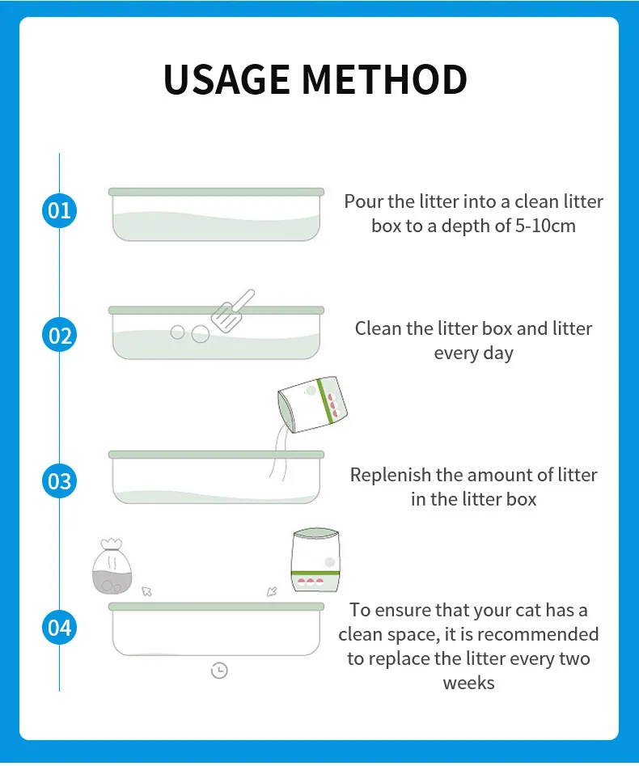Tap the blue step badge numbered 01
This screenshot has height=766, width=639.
[60, 211]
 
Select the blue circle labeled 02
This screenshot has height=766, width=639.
[60, 335]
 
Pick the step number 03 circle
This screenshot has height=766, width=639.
[60, 481]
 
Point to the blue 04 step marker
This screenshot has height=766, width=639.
[60, 628]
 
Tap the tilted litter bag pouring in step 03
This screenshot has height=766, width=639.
[313, 404]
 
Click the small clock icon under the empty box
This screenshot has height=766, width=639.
[218, 670]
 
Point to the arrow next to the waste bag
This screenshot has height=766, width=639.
[146, 591]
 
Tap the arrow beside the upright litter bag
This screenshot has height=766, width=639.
[273, 591]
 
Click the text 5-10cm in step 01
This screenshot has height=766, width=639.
[545, 226]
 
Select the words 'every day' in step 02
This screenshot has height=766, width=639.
[473, 353]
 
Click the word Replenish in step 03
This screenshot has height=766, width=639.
[391, 475]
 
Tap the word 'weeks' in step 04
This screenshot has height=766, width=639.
[468, 683]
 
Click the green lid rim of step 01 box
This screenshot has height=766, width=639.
[216, 192]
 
